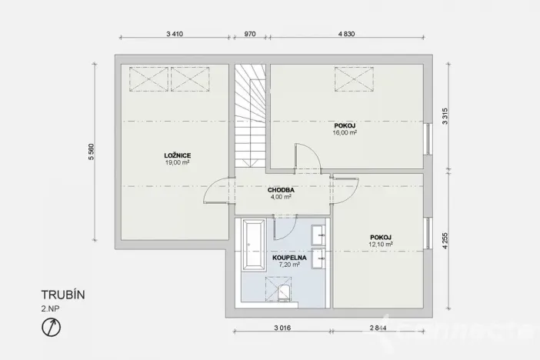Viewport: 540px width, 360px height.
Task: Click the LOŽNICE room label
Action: (x=177, y=155)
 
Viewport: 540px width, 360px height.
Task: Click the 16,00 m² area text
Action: (x=346, y=132)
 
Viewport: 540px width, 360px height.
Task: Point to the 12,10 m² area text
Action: (x=381, y=245)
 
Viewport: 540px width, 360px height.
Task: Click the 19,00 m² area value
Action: (x=177, y=163)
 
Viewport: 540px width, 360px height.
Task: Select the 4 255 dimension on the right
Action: (x=445, y=235)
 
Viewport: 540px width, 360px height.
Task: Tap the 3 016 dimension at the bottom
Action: (x=282, y=328)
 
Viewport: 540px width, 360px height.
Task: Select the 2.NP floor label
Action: (x=50, y=308)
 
